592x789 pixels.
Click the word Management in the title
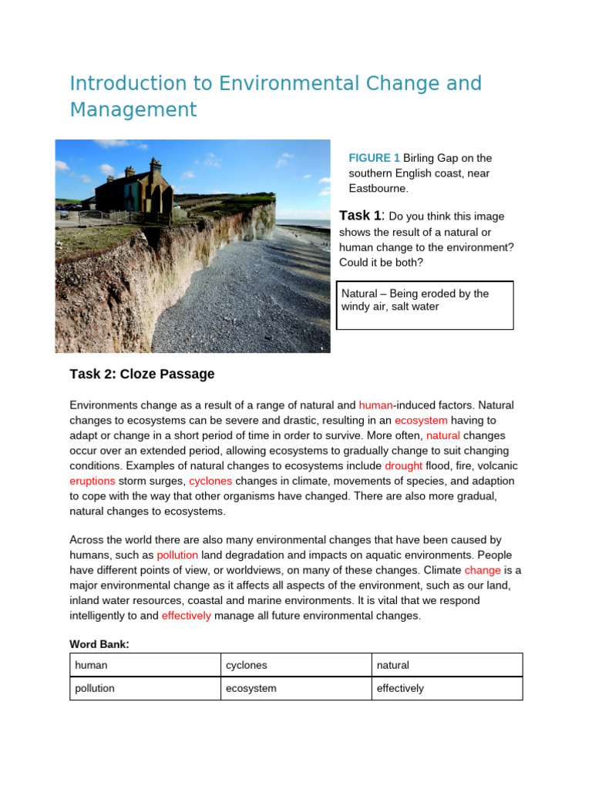tap(133, 110)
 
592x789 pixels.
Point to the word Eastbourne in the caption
tap(376, 188)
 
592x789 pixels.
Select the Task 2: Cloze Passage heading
tap(142, 374)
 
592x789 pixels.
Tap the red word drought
tap(403, 465)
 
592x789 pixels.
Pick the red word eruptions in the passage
tap(92, 481)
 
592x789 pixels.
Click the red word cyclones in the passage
tap(210, 481)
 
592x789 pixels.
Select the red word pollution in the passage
tap(177, 555)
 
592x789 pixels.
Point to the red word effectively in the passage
tap(186, 616)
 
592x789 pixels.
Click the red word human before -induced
tap(375, 405)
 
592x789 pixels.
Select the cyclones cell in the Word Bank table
tap(294, 665)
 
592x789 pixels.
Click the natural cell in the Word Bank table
tap(446, 665)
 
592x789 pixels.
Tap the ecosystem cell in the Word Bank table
tap(294, 688)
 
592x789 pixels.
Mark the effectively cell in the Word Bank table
tap(446, 688)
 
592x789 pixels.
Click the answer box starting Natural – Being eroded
tap(426, 305)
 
